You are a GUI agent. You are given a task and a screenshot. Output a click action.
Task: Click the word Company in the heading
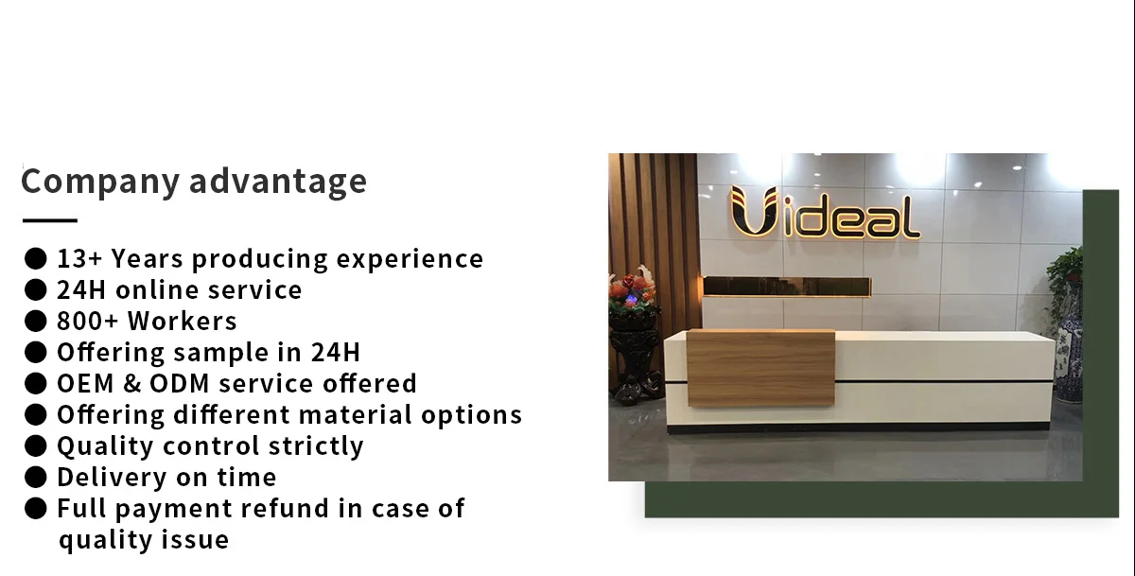tap(100, 182)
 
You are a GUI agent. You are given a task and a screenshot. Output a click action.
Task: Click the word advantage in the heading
tap(278, 182)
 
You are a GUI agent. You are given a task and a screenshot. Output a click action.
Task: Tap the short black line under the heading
tap(49, 220)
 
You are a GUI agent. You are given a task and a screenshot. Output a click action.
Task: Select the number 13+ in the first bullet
tap(79, 259)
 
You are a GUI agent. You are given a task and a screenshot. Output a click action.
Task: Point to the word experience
tap(410, 260)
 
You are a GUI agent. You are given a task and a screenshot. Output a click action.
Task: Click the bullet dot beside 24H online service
tap(36, 289)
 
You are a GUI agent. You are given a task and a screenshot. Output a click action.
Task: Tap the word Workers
tap(182, 322)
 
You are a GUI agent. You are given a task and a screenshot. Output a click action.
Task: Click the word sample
tap(220, 353)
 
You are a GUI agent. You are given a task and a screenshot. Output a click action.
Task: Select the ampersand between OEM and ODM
tap(131, 383)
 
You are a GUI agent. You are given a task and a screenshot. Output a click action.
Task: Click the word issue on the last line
tap(195, 540)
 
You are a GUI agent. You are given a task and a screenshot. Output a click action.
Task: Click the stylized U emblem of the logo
tap(754, 211)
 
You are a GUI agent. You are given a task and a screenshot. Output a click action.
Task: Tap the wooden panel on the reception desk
tap(760, 368)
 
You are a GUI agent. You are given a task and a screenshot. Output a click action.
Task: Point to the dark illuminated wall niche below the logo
tap(787, 287)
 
